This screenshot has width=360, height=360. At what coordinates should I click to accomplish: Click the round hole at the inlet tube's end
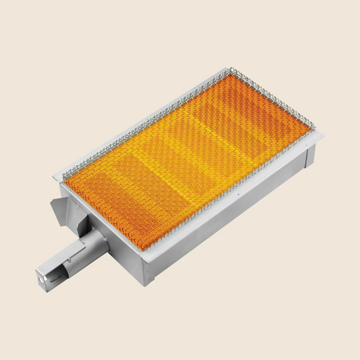click(x=41, y=280)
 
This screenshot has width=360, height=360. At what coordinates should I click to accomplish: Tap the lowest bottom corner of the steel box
click(x=146, y=284)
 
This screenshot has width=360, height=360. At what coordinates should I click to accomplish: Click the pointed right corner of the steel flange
click(x=323, y=135)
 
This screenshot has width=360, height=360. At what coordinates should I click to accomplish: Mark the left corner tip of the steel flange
click(x=53, y=177)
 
